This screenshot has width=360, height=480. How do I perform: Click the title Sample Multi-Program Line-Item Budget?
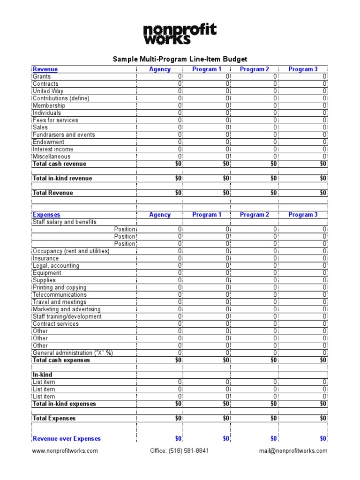pos(180,59)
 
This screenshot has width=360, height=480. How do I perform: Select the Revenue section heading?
pos(45,69)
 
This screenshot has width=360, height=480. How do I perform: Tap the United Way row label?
pos(48,91)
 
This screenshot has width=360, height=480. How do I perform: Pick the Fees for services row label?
pos(55,120)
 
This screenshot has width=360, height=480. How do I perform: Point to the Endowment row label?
pos(49,142)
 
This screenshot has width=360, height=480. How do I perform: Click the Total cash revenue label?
pos(60,164)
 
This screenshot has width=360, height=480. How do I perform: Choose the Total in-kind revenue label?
pos(62,179)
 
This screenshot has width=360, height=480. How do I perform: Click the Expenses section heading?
pos(46,215)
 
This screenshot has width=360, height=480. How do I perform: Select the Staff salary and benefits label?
pos(65,222)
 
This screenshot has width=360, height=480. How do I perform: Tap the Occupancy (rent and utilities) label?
pos(71,251)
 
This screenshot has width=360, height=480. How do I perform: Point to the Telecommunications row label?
pos(60,295)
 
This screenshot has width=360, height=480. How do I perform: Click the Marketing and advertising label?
pos(67,309)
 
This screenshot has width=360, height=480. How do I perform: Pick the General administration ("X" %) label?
pos(73,353)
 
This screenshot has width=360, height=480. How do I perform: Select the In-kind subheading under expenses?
pos(42,375)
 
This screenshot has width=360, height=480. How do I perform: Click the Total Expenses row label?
pos(54,419)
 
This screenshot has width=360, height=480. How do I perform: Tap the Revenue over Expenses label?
pos(67,439)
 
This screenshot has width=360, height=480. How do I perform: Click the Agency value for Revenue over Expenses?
pos(178,439)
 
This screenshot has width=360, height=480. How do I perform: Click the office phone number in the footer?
pos(180,451)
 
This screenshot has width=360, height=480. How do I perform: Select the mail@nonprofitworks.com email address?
pos(293,451)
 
